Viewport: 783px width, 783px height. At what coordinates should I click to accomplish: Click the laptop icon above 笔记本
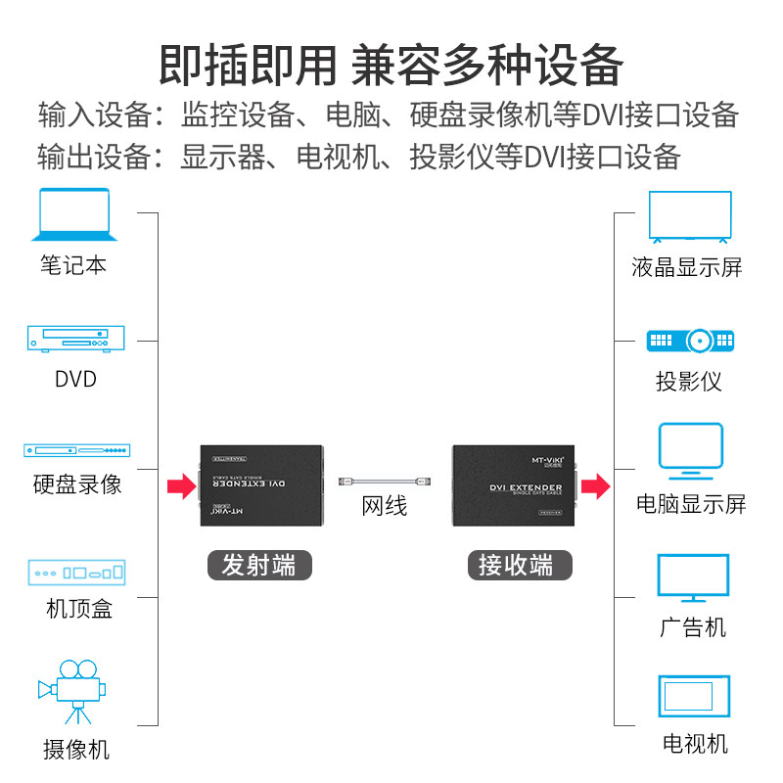(x=74, y=215)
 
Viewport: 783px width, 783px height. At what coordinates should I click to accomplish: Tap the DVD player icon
(x=75, y=339)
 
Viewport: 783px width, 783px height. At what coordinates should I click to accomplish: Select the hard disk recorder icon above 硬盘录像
(x=76, y=451)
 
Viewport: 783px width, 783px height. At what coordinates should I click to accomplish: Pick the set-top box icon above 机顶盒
(x=76, y=573)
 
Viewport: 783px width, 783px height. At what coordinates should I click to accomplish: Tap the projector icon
(x=690, y=341)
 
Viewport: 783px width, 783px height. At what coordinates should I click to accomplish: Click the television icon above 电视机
(x=693, y=697)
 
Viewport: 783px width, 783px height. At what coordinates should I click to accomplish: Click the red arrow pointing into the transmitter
(x=181, y=484)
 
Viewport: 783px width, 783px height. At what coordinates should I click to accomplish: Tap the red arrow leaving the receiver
(x=595, y=484)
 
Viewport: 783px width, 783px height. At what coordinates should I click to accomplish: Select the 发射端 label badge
(x=258, y=565)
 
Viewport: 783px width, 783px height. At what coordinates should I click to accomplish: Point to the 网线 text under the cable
(x=384, y=506)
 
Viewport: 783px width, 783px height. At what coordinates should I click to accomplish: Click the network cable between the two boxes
(x=384, y=482)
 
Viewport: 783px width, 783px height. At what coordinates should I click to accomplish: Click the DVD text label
(x=75, y=379)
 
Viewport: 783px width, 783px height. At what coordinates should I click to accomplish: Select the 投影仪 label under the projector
(x=689, y=382)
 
